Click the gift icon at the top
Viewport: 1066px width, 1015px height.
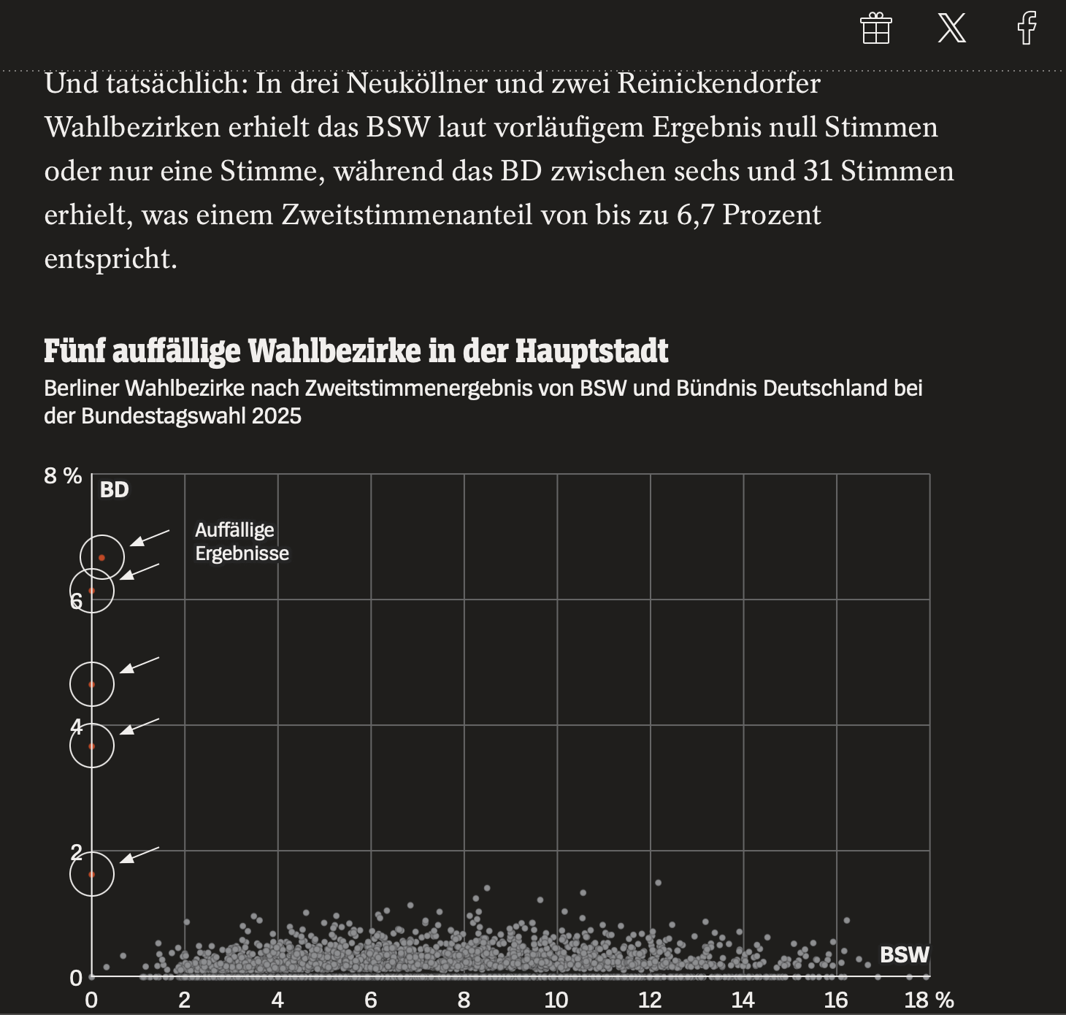click(x=875, y=28)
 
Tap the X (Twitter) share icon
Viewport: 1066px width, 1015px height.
click(x=951, y=28)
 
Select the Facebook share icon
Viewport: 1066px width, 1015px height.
click(x=1027, y=28)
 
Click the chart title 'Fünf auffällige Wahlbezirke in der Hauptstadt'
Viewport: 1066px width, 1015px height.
click(x=356, y=351)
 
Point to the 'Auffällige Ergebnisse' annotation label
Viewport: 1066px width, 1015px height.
click(x=242, y=541)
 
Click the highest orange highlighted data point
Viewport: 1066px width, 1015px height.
click(x=101, y=558)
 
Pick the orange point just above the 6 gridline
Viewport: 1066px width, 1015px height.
click(x=92, y=591)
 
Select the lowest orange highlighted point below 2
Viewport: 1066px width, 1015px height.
click(x=92, y=875)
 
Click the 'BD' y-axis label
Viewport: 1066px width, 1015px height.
click(x=115, y=490)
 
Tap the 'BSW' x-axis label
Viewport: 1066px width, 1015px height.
click(x=905, y=955)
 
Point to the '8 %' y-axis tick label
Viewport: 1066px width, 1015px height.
click(x=63, y=476)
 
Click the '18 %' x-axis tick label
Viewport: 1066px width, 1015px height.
click(x=929, y=1000)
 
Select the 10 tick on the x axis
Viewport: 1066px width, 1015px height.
click(x=556, y=1000)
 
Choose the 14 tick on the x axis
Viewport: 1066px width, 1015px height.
click(x=743, y=1000)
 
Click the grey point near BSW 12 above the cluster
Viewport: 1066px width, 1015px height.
click(x=659, y=883)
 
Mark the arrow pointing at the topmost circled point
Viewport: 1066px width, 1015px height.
click(x=150, y=538)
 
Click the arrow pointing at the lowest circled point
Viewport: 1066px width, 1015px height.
click(x=139, y=855)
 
